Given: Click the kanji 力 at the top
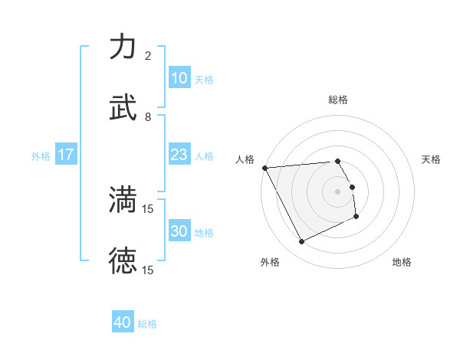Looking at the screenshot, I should (x=123, y=47).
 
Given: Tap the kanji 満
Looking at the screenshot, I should (x=123, y=199).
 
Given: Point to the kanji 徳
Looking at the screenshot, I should (x=123, y=260).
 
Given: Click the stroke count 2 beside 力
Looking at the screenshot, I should (x=148, y=56).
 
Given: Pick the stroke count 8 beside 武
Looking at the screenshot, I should (x=148, y=116).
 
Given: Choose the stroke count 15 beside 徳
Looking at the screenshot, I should (x=149, y=270).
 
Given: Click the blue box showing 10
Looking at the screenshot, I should (x=179, y=78).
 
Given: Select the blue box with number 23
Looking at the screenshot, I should (x=179, y=155).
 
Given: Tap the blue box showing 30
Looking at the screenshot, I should (x=179, y=231).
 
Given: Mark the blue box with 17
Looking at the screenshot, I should (x=66, y=155).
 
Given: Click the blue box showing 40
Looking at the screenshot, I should (x=123, y=322).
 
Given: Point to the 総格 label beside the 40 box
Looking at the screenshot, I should (x=147, y=324).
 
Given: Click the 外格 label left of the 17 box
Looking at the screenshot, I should (x=41, y=156).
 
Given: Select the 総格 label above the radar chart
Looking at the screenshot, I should (x=338, y=100).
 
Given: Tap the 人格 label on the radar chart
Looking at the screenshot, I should (x=245, y=159).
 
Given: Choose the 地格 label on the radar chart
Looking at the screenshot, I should (x=402, y=262).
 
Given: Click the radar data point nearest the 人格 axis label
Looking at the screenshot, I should (x=264, y=168).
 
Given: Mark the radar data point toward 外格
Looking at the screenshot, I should (x=301, y=242).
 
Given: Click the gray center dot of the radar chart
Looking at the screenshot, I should (x=338, y=191).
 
